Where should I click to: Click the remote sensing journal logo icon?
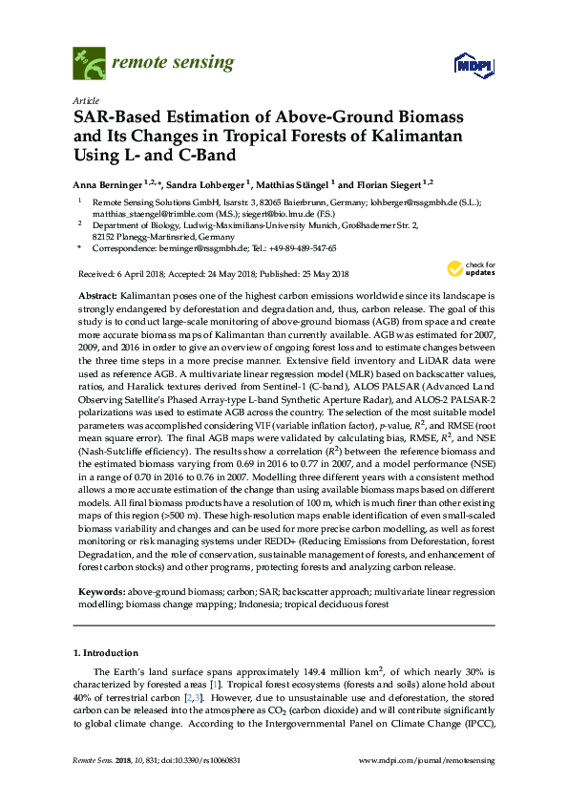(x=90, y=65)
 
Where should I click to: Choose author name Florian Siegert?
(x=390, y=183)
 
